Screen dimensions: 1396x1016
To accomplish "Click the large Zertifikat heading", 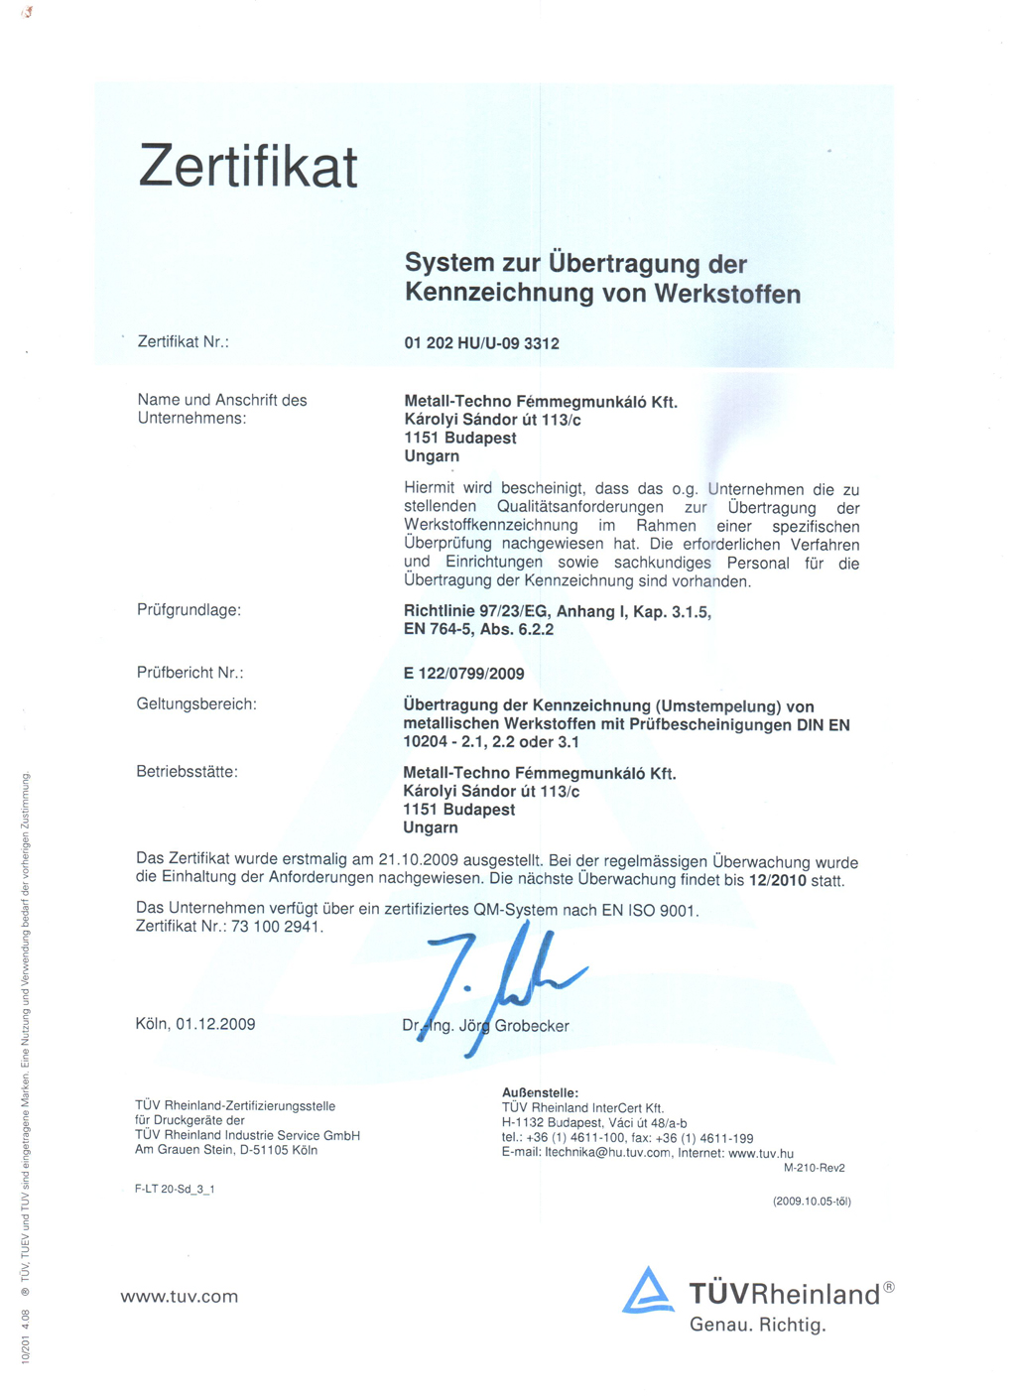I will pyautogui.click(x=248, y=166).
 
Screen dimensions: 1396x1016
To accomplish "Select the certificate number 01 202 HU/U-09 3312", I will pyautogui.click(x=481, y=343).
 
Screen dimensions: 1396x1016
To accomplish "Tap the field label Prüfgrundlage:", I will pyautogui.click(x=189, y=610).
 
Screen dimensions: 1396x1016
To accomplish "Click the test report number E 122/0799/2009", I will pyautogui.click(x=463, y=674).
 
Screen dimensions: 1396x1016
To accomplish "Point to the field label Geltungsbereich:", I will pyautogui.click(x=196, y=704).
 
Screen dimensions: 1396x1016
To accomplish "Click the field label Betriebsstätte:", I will pyautogui.click(x=187, y=772).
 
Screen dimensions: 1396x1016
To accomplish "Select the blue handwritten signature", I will pyautogui.click(x=496, y=977).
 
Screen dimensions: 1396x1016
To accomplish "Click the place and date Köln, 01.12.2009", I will pyautogui.click(x=195, y=1024).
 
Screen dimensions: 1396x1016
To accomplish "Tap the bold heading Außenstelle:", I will pyautogui.click(x=540, y=1092).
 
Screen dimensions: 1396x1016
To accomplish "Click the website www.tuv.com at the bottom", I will pyautogui.click(x=180, y=1297).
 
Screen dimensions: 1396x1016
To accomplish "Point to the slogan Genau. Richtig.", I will pyautogui.click(x=757, y=1325).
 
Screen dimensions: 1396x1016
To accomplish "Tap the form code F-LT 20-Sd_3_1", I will pyautogui.click(x=175, y=1189).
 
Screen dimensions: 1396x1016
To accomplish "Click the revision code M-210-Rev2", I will pyautogui.click(x=814, y=1168).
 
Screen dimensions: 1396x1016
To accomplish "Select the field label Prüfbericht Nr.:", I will pyautogui.click(x=190, y=673).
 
